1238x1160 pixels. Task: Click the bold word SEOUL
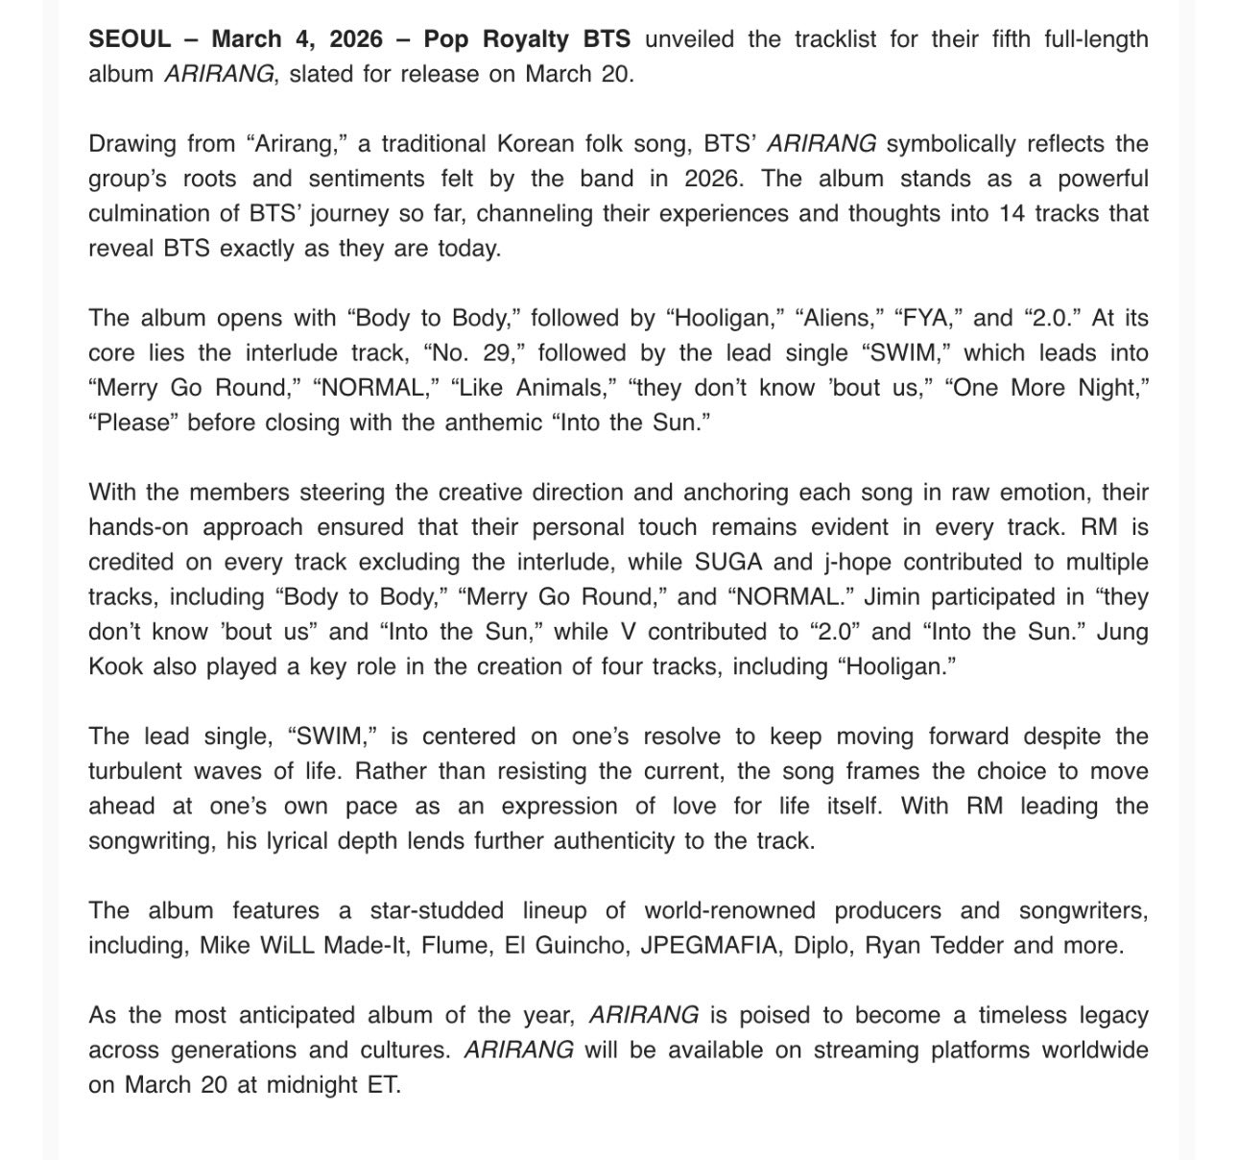point(130,39)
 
